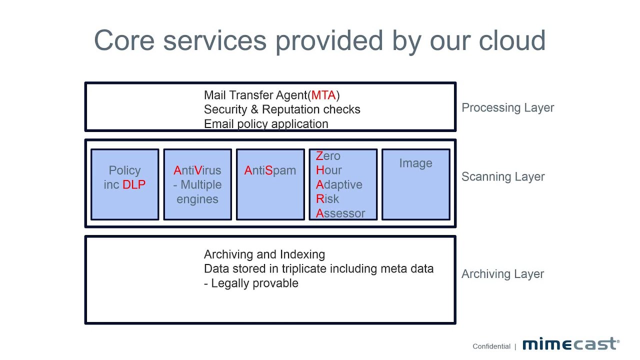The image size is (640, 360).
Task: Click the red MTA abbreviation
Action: [x=323, y=95]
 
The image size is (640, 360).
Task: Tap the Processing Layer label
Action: [x=507, y=107]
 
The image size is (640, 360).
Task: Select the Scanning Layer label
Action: [x=503, y=176]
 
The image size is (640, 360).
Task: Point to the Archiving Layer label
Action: [x=502, y=274]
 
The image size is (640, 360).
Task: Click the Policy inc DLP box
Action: [x=124, y=184]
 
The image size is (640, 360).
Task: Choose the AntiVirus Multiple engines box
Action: [x=197, y=184]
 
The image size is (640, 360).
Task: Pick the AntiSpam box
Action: [x=270, y=184]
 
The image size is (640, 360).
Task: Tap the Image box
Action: [x=415, y=184]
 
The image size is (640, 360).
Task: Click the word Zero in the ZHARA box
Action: [x=328, y=156]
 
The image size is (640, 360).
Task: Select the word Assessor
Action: [x=340, y=213]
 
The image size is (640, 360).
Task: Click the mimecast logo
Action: [x=570, y=344]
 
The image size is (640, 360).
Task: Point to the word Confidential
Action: [x=491, y=346]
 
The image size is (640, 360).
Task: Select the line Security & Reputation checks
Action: [x=282, y=109]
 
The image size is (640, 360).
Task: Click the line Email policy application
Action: [x=266, y=124]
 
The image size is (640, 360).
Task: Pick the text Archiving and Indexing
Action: [x=264, y=254]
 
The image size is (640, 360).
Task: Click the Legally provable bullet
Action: [x=251, y=283]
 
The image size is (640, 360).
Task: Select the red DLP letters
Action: [x=134, y=184]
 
